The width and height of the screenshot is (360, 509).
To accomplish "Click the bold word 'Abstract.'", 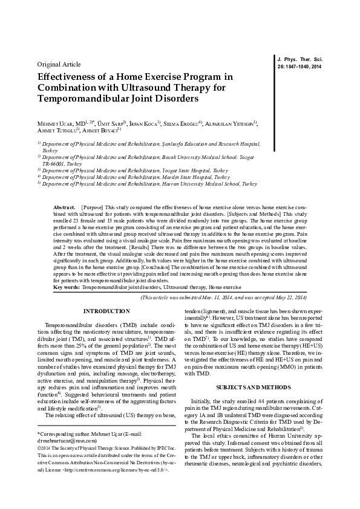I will coord(65,207).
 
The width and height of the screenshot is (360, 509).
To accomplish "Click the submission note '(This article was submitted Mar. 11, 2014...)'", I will coord(224,298).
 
